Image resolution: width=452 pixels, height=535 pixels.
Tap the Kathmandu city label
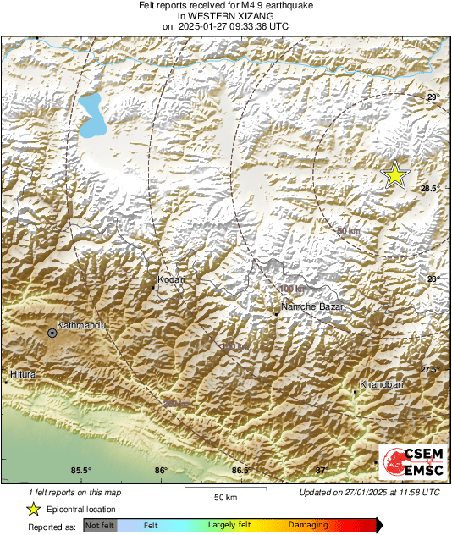point(79,325)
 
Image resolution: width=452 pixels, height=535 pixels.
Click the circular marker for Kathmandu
point(52,334)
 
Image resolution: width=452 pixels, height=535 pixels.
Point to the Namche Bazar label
point(311,306)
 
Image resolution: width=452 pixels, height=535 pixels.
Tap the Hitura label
point(21,373)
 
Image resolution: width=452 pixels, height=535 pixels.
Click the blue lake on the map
point(91,116)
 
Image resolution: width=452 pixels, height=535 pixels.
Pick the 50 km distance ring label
point(348,232)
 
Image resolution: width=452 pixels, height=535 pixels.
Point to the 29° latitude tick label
point(432,98)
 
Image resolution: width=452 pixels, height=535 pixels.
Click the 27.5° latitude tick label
point(430,370)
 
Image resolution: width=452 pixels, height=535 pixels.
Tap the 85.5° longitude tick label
point(80,471)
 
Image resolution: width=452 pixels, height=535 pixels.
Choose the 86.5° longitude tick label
point(240,471)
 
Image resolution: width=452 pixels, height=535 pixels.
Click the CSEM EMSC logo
point(410,463)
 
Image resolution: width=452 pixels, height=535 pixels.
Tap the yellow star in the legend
point(33,509)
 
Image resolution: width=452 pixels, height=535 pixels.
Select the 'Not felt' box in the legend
point(100,526)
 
